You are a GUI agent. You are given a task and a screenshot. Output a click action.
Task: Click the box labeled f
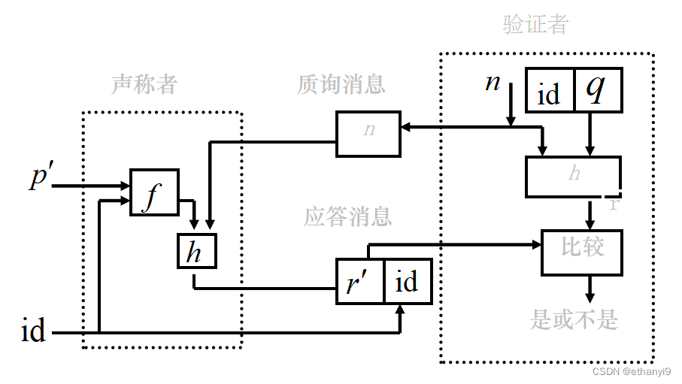154,192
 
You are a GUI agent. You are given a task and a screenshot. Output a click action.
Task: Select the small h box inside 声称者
196,251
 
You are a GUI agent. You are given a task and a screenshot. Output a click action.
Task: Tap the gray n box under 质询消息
368,134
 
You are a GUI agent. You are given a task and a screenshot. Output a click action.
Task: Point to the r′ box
359,282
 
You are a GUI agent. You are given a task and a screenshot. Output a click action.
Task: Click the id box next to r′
408,282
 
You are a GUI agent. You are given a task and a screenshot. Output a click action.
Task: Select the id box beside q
550,91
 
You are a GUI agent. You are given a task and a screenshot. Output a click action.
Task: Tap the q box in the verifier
599,91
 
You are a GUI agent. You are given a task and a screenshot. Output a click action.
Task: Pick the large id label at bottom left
33,331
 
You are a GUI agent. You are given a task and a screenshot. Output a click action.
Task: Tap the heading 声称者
144,84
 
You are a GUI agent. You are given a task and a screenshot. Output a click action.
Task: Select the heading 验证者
535,25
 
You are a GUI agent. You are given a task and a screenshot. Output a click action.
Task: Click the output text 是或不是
574,320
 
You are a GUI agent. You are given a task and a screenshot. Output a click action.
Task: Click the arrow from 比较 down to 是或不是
590,289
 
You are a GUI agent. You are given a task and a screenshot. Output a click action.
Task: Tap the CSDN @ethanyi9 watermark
631,371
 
